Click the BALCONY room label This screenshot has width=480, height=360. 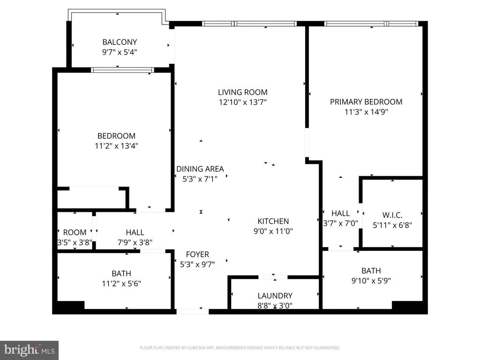point(120,42)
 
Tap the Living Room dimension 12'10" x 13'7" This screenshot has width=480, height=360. point(243,102)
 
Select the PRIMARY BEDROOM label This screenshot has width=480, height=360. point(366,102)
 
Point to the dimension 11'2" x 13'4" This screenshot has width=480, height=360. point(116,146)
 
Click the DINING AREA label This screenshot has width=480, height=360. point(200,169)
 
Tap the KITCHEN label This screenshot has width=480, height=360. point(273,221)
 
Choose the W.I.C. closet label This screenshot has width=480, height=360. point(392,215)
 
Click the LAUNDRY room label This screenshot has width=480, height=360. point(275,296)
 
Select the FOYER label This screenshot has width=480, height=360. point(197,255)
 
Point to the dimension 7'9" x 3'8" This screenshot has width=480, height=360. point(135,242)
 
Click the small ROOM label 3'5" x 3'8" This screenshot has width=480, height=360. point(75,232)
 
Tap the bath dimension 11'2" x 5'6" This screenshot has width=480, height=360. point(121,284)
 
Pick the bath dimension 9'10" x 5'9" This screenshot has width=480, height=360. point(371,281)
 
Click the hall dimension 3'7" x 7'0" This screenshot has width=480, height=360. point(340,223)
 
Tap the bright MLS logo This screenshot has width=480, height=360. point(30,350)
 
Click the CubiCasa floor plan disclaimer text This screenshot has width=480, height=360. point(240,348)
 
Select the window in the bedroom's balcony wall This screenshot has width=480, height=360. point(122,70)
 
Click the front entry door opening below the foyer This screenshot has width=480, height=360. point(193,312)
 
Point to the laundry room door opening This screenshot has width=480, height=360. point(273,277)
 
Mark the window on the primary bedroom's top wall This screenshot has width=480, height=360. point(371,23)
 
